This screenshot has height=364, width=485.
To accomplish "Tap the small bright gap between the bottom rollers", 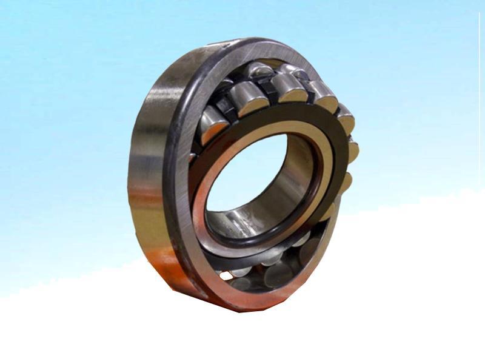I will point(226,276).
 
